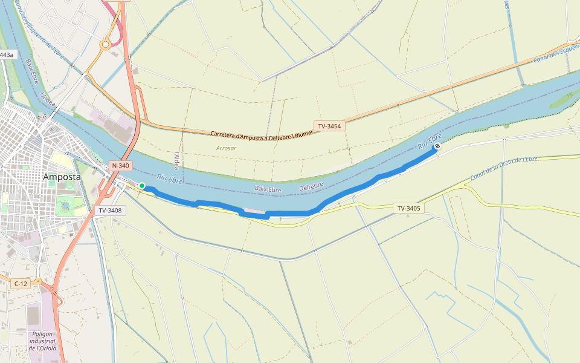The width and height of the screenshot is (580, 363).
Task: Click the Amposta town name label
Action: [x=62, y=177]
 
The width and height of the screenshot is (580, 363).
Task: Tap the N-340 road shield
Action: [x=120, y=165]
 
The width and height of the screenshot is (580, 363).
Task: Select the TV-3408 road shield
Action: [x=111, y=211]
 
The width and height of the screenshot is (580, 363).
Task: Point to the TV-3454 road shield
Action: [x=329, y=126]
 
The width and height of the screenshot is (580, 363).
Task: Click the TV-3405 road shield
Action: [x=409, y=208]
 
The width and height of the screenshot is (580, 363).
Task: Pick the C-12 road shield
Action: [x=21, y=283]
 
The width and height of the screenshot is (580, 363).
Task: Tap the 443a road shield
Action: [x=6, y=55]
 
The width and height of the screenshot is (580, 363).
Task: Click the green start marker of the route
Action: [x=141, y=186]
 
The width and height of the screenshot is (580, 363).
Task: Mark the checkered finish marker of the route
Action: [x=437, y=146]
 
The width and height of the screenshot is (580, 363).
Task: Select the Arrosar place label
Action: [x=227, y=148]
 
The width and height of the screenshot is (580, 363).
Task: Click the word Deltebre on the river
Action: [x=311, y=185]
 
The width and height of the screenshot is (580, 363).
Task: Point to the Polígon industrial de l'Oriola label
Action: [x=42, y=341]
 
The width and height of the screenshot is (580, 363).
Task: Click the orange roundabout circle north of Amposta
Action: [x=105, y=44]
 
